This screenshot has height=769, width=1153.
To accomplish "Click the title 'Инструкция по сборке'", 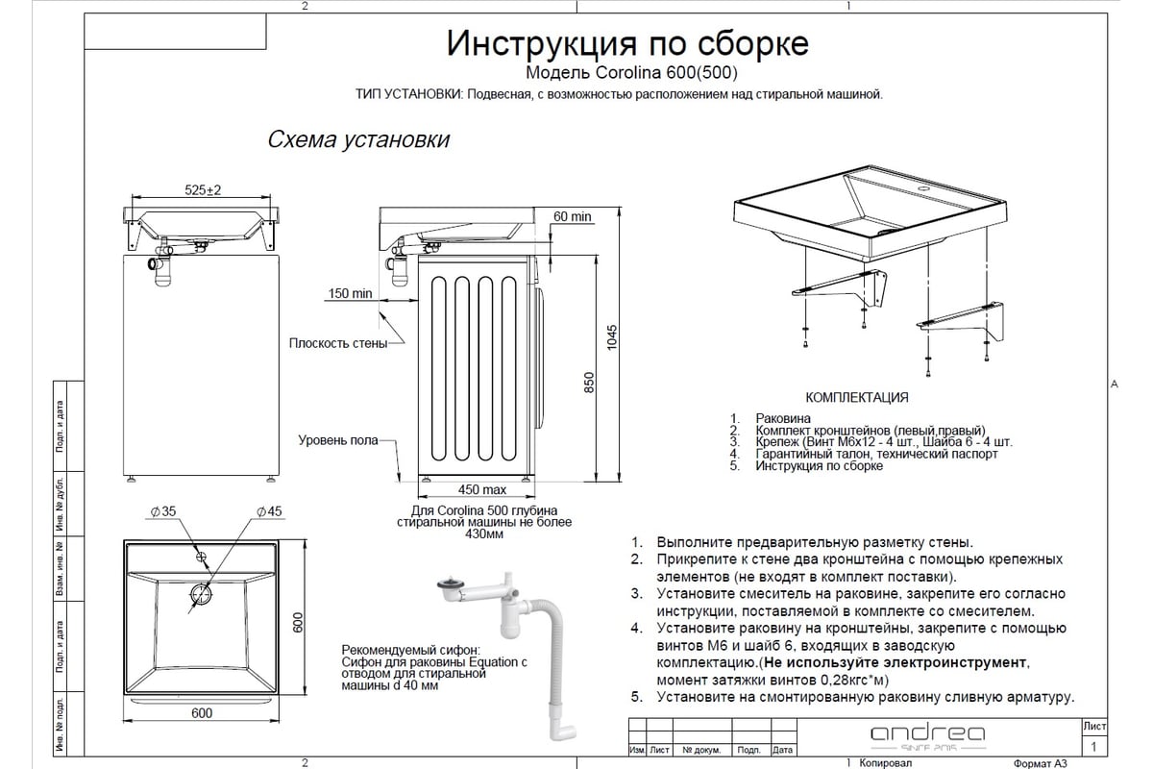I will click(x=628, y=43).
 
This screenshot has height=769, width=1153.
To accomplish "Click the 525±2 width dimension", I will click(x=202, y=190).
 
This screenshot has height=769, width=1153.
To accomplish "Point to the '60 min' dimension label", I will click(x=573, y=216).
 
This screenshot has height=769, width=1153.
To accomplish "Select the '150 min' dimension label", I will click(x=349, y=293).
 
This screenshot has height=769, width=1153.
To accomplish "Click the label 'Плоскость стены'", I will click(x=338, y=343).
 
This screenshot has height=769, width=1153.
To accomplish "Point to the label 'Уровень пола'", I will click(x=337, y=440).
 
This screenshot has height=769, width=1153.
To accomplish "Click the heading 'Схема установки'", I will click(x=358, y=139).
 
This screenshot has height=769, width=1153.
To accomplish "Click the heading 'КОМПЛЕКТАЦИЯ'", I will click(x=856, y=397).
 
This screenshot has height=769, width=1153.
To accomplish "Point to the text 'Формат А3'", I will click(x=1038, y=763).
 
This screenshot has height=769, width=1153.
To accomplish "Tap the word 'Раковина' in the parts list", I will click(x=783, y=418).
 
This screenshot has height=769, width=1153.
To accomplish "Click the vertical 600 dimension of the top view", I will click(x=298, y=624).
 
